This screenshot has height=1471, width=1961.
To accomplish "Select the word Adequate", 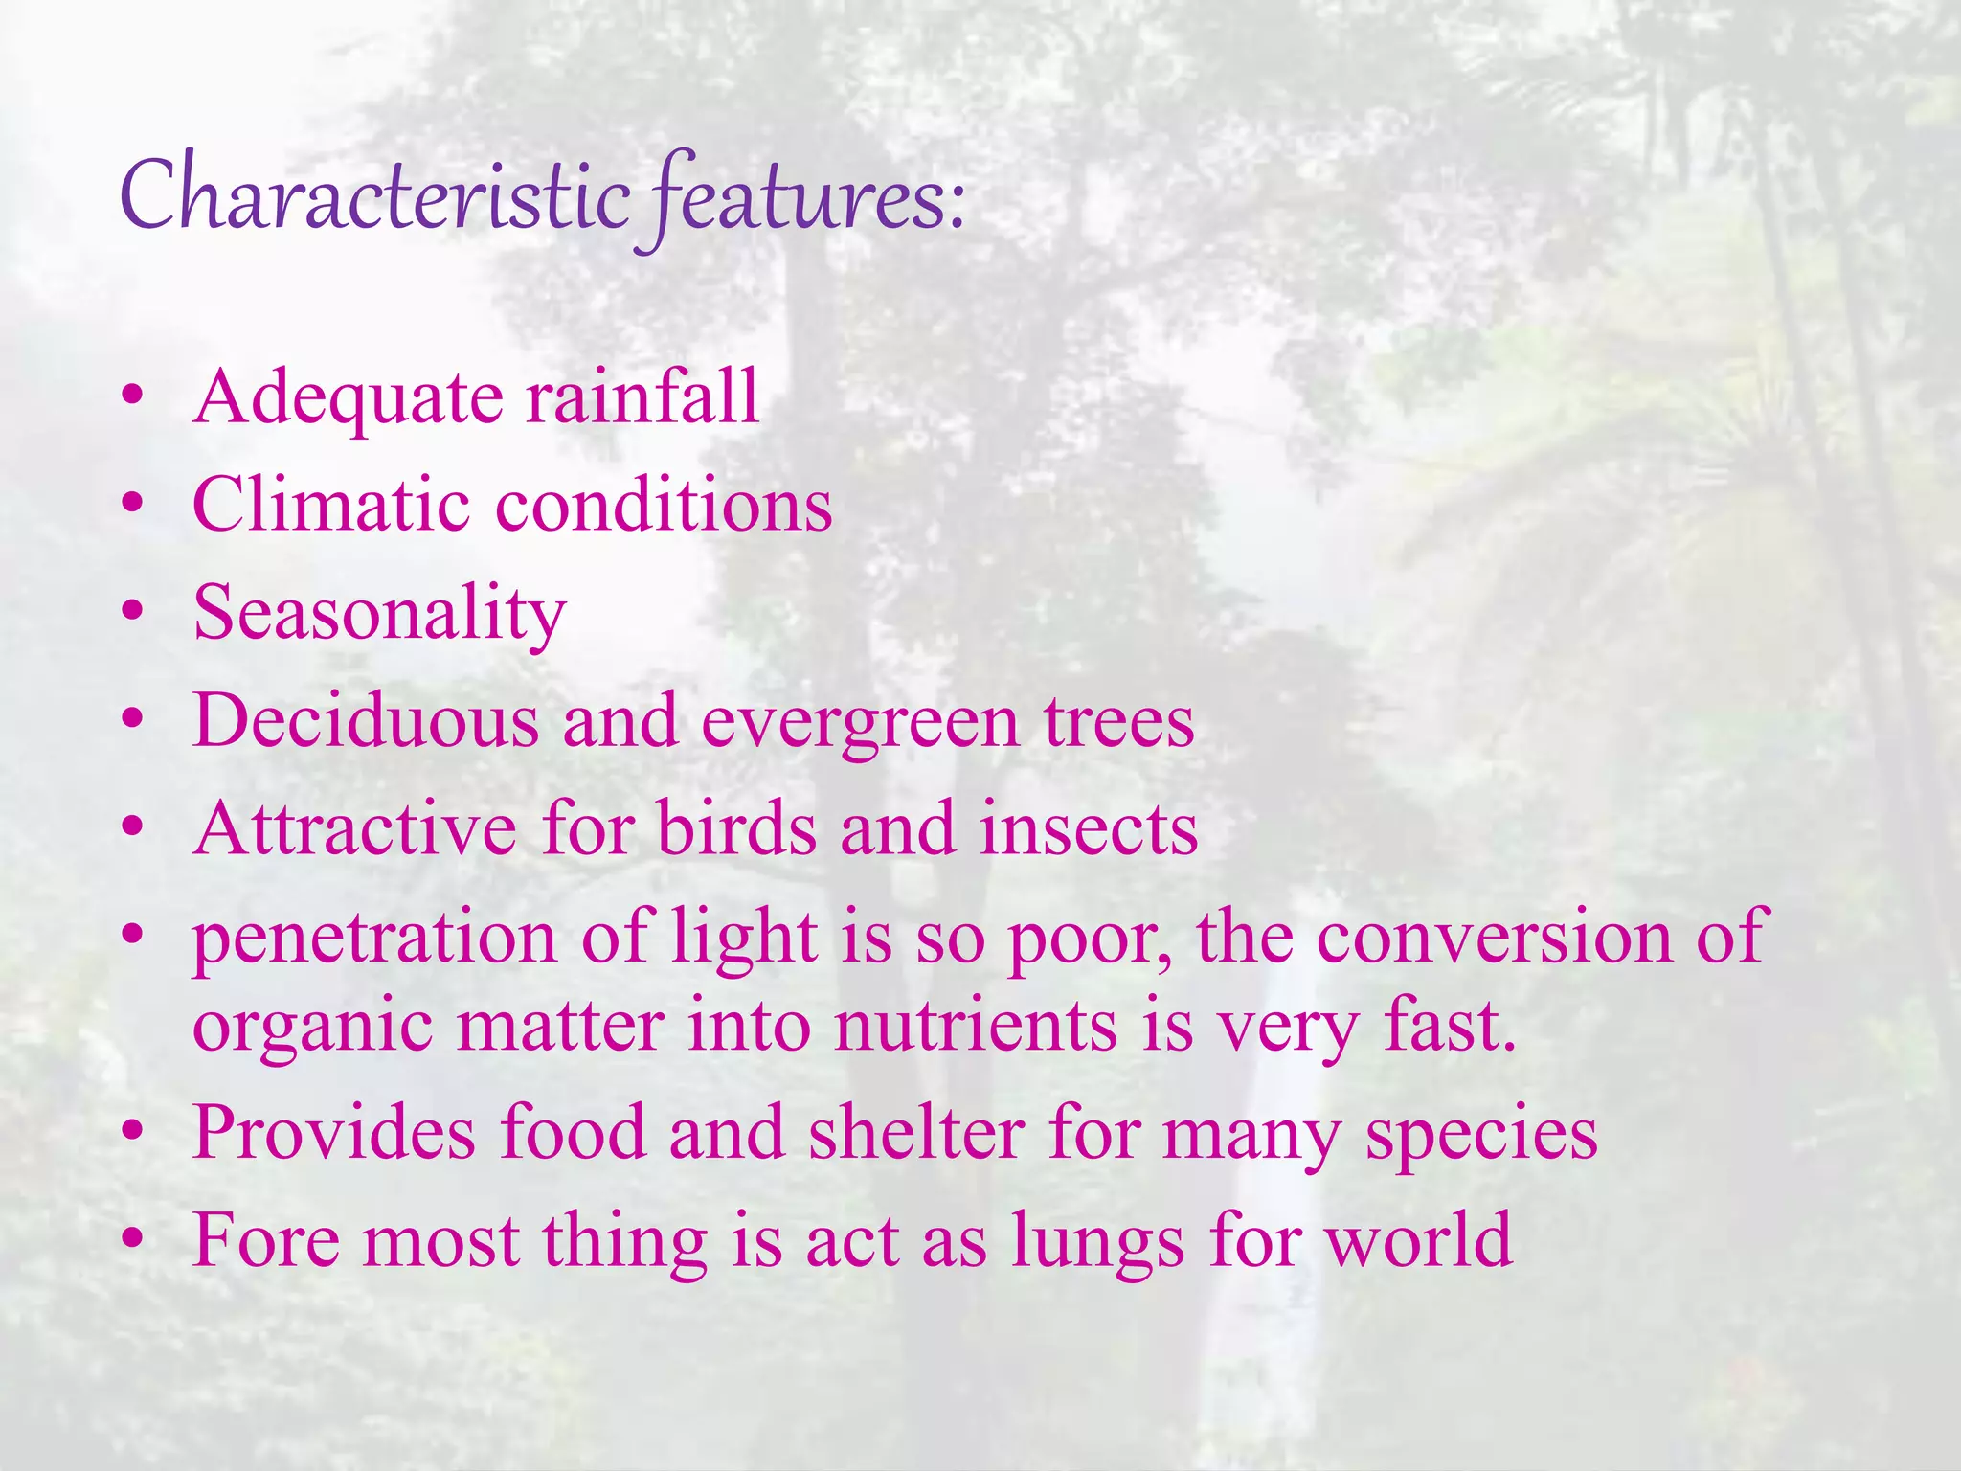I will tap(348, 398).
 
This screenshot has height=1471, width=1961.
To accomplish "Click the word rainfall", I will tap(642, 396).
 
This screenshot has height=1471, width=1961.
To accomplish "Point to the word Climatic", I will tap(330, 505).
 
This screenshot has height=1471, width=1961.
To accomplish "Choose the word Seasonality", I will tap(379, 615).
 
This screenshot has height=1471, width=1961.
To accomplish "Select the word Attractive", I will tap(354, 828).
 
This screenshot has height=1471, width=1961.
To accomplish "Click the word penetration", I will tap(374, 939).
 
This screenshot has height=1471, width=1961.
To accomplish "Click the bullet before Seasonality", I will tap(133, 610).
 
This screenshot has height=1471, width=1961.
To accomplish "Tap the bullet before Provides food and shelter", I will tap(133, 1131).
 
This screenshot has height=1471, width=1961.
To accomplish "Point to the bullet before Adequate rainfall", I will tap(133, 395).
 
